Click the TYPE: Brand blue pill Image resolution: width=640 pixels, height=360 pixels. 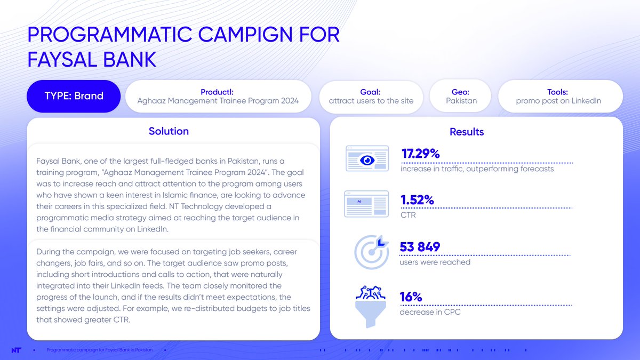(74, 97)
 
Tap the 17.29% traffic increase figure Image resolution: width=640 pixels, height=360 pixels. (420, 154)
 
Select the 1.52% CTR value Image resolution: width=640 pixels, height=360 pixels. (417, 200)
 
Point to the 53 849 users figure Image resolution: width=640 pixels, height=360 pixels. (420, 247)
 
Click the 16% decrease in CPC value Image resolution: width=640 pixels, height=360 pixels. (411, 297)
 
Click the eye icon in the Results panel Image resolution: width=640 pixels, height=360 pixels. (367, 159)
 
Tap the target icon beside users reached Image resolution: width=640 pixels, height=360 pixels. (372, 251)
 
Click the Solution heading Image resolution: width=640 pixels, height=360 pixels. (169, 131)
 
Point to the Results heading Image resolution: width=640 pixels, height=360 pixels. (467, 132)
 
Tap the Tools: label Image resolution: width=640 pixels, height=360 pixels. (557, 92)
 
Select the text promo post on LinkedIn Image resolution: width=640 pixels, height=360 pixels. (558, 101)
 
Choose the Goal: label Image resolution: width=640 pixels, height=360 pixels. (370, 92)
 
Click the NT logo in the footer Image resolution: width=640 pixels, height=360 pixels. (17, 350)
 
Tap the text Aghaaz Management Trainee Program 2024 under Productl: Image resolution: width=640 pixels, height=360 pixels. (218, 101)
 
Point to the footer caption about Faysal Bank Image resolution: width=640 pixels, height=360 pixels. (100, 350)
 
